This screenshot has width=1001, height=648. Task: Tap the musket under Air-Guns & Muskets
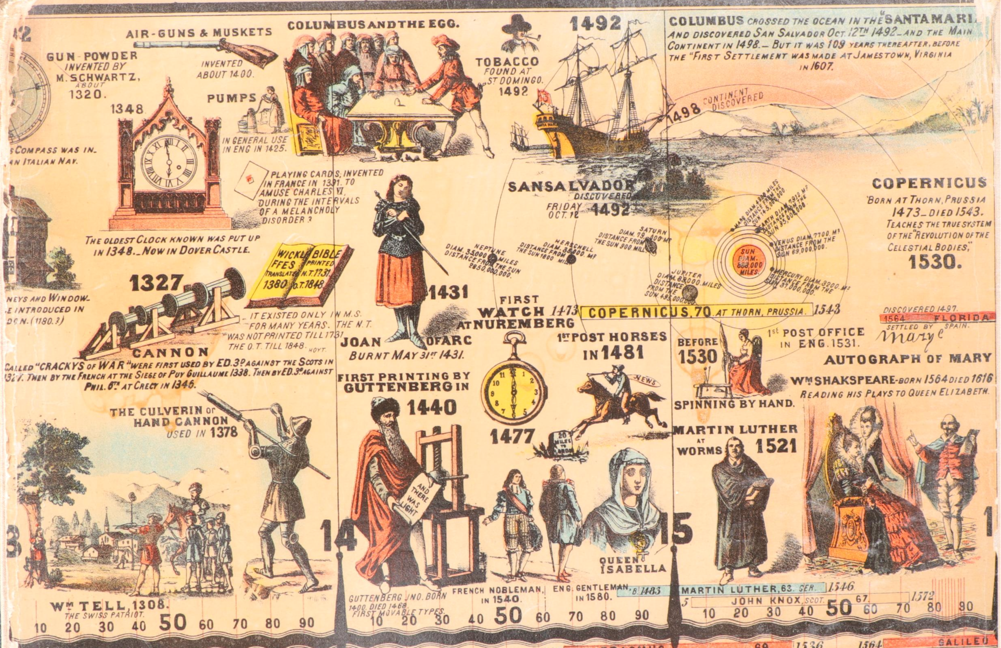206,47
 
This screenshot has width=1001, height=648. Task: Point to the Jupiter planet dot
688,291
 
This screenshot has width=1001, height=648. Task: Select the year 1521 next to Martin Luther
776,446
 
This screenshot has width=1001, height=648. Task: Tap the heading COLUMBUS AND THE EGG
372,24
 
